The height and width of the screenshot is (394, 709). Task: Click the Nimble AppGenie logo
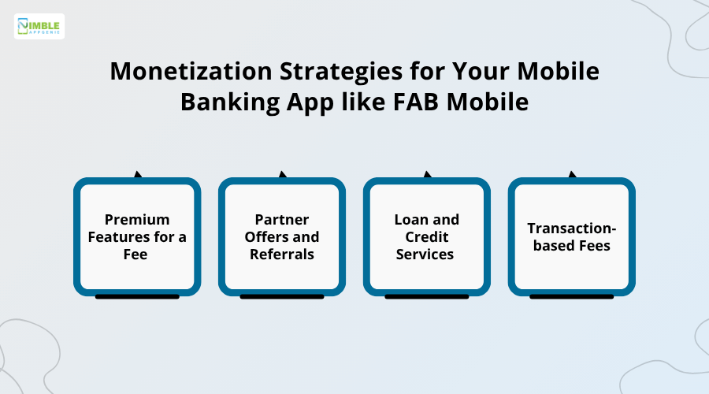click(39, 27)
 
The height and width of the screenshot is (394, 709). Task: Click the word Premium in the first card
click(137, 220)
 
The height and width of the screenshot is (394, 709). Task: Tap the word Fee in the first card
click(137, 255)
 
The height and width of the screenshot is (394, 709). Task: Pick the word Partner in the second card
click(282, 220)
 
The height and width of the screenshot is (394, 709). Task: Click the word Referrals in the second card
click(282, 255)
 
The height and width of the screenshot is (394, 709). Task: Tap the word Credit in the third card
click(426, 237)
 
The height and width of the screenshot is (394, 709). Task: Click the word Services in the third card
click(426, 255)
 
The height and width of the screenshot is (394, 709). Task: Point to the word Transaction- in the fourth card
click(571, 229)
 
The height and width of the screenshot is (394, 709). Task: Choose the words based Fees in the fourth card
click(571, 246)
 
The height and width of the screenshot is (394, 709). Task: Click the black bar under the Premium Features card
click(137, 297)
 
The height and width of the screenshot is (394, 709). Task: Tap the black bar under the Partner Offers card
click(282, 297)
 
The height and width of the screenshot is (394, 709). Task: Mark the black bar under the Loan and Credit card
click(426, 297)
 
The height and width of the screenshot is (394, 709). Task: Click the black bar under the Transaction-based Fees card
click(571, 297)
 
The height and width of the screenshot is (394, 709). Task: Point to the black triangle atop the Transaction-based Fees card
click(573, 175)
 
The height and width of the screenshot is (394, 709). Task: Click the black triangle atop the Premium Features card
click(138, 175)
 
